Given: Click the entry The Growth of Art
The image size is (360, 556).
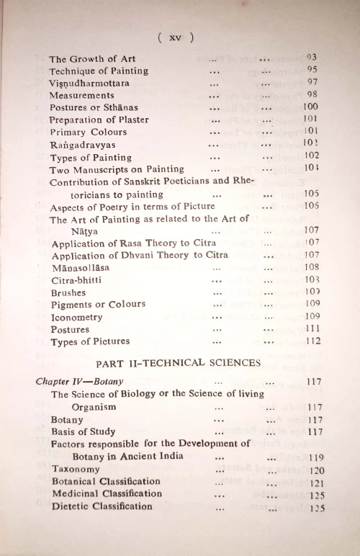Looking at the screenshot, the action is tap(92, 59).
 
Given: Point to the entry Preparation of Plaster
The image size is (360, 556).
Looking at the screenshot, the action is tap(98, 120).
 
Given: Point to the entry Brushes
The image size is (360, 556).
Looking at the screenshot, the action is tap(68, 292).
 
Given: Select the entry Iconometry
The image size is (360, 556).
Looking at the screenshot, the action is tap(76, 317).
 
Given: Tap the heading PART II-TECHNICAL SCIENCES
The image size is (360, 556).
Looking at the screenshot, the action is tap(178, 363).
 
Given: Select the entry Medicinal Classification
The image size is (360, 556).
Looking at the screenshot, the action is tap(107, 493).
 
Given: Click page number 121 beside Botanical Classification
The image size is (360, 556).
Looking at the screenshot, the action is tap(312, 481).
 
